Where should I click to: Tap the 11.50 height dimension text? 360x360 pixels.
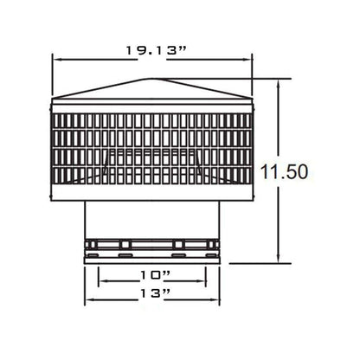pos(284,171)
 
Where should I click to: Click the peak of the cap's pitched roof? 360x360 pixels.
pos(148,79)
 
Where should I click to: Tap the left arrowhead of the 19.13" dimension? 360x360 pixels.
pos(56,60)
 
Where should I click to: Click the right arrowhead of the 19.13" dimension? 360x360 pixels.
pos(248,60)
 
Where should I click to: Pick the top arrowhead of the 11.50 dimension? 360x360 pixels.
pos(279,83)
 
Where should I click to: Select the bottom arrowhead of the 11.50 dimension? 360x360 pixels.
pos(279,259)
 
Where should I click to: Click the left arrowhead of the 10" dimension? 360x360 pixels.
pos(102,281)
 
